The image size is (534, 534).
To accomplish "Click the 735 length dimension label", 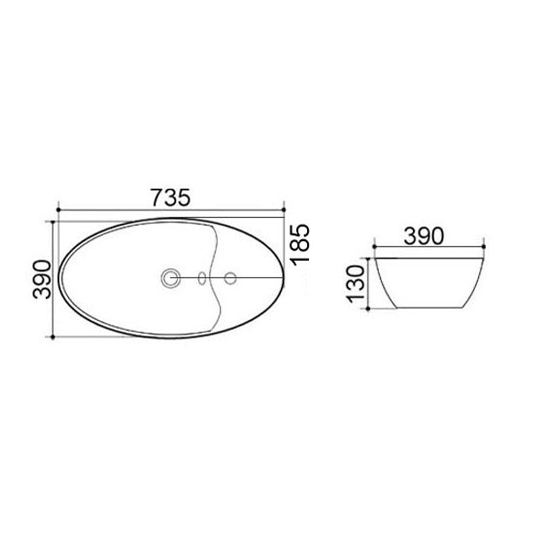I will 170,198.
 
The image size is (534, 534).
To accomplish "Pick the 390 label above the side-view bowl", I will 424,236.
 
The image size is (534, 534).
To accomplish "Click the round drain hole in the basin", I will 171,277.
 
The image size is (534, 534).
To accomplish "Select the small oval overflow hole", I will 202,278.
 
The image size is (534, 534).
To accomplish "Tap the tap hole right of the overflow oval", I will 230,277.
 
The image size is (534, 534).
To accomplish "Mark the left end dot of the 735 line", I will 58,209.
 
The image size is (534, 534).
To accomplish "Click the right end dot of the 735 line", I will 284,209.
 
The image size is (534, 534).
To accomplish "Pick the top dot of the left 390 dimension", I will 53,222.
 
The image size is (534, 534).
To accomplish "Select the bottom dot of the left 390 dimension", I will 53,337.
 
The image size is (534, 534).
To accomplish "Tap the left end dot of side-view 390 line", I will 374,246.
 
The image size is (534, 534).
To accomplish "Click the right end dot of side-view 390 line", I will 484,246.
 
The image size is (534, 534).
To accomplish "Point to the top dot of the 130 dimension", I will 369,258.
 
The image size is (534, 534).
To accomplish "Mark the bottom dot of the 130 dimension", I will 369,309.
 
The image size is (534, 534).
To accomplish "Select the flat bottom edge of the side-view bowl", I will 428,308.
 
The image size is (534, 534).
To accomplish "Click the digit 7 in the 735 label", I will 157,198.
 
